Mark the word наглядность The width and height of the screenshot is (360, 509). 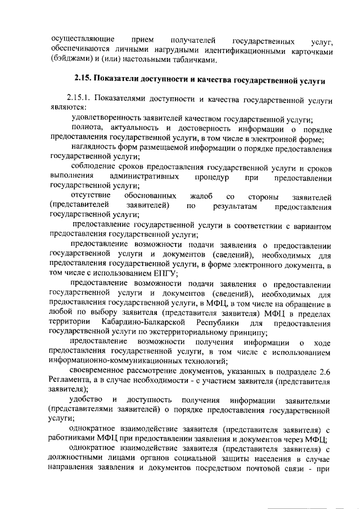(x=96, y=148)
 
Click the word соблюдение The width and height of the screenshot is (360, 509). (x=94, y=168)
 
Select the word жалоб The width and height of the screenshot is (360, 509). (x=201, y=197)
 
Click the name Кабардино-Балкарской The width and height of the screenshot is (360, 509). (x=142, y=323)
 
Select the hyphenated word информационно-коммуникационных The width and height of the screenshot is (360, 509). (x=118, y=362)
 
